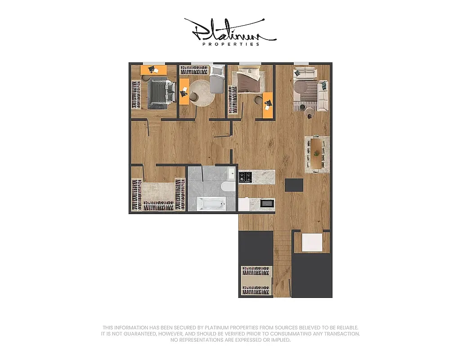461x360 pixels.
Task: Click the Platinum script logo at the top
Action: [x=230, y=31]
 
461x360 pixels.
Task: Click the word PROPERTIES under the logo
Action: [x=231, y=44]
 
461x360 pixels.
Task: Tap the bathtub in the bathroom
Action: [x=211, y=204]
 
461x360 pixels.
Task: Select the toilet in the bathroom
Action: [x=227, y=186]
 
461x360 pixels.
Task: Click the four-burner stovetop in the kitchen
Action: [x=245, y=177]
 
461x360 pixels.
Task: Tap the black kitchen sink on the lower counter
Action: [x=267, y=203]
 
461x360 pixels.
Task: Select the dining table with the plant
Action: [x=317, y=153]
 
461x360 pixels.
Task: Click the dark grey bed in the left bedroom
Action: [x=158, y=92]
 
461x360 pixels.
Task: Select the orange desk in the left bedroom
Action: [x=154, y=70]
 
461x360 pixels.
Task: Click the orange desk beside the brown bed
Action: [x=268, y=105]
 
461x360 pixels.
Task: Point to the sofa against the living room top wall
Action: [x=304, y=72]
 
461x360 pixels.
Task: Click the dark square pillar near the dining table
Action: [x=295, y=184]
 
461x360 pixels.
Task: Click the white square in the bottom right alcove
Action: [x=312, y=243]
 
